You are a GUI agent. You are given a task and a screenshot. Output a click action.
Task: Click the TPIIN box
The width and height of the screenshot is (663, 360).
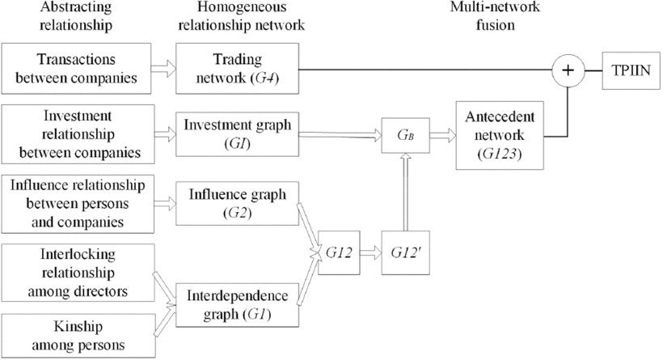(x=633, y=70)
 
